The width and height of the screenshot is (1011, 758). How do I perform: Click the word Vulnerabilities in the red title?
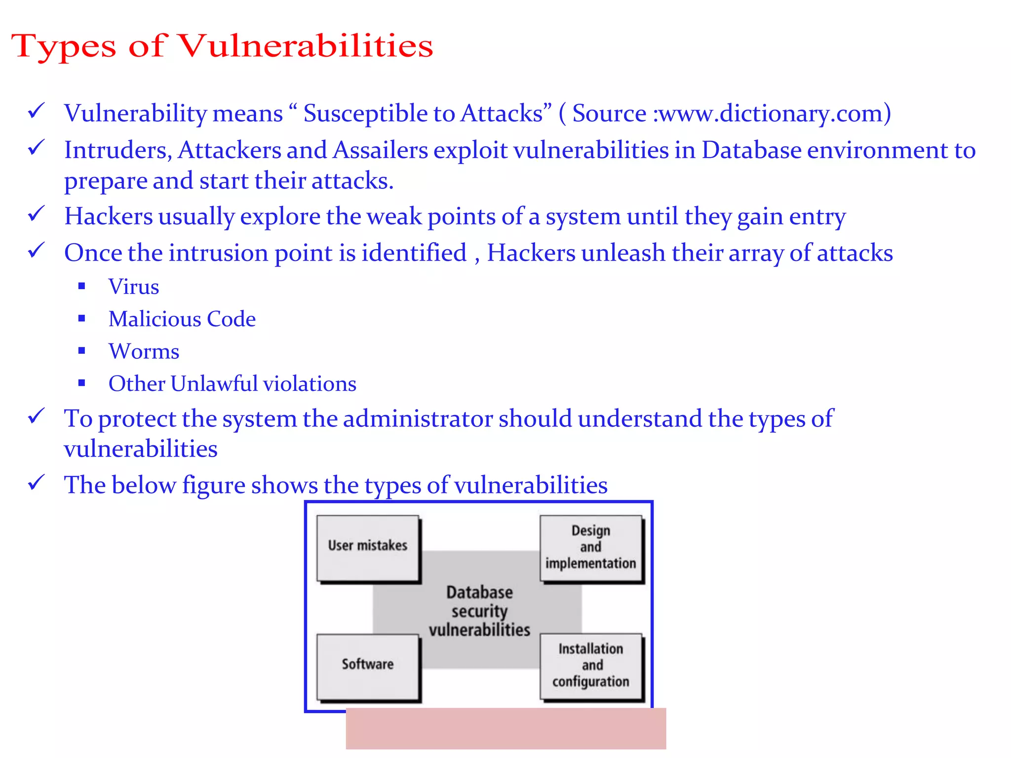point(305,46)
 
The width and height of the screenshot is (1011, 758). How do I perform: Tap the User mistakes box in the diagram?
point(368,547)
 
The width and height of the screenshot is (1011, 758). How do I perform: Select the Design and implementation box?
point(591,548)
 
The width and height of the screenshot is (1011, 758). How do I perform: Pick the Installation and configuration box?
point(591,666)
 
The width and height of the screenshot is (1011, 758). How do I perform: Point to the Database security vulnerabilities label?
point(479,611)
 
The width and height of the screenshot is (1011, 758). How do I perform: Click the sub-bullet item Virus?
point(134,287)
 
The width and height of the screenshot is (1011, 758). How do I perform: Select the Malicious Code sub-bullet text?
point(182,319)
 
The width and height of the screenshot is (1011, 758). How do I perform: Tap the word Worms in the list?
point(144,352)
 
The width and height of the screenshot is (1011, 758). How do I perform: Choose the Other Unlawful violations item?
point(233,384)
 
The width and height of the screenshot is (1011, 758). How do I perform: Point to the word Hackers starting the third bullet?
point(109,217)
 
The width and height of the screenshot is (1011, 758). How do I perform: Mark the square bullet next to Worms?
point(82,351)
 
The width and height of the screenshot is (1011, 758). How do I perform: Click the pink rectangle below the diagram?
point(506,728)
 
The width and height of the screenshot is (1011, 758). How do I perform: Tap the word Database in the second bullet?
point(751,150)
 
